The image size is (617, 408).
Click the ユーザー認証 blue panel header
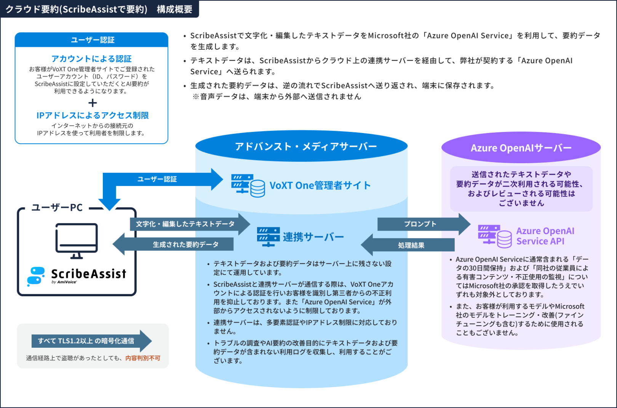(x=92, y=40)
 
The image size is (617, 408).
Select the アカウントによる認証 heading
(x=91, y=59)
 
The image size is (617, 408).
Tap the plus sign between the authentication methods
(x=93, y=103)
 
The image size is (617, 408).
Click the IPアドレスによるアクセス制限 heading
(x=93, y=115)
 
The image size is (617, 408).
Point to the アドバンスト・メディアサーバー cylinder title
(x=305, y=146)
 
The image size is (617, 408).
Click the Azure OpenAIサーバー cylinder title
(x=521, y=148)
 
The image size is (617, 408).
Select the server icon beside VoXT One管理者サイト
(x=248, y=186)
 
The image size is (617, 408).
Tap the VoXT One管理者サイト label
(x=320, y=186)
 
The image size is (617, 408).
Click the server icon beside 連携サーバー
(x=268, y=237)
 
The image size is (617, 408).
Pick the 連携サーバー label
(x=313, y=237)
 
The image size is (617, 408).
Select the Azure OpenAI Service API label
(x=545, y=236)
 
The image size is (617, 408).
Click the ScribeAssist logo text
(x=88, y=274)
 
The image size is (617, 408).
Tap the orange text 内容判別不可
(x=143, y=358)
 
